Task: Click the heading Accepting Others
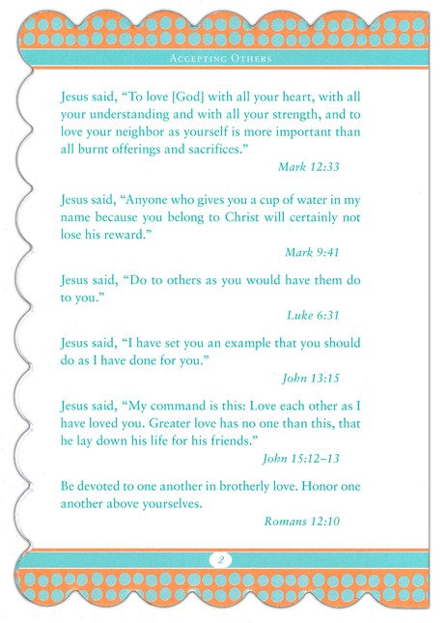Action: click(222, 59)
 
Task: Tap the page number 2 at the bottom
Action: click(221, 559)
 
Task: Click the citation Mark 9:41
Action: click(314, 252)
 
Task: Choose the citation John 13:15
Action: click(311, 378)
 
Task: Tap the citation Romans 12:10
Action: click(302, 523)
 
